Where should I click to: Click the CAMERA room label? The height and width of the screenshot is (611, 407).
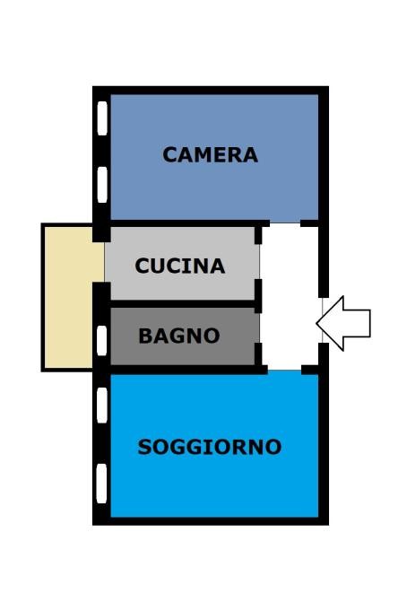pyautogui.click(x=210, y=154)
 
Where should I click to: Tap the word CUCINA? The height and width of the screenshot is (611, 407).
pyautogui.click(x=180, y=266)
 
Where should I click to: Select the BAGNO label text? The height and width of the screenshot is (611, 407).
pyautogui.click(x=179, y=336)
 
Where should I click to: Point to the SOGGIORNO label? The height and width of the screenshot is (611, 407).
pyautogui.click(x=210, y=447)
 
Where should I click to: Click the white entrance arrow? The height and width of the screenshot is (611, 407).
pyautogui.click(x=342, y=323)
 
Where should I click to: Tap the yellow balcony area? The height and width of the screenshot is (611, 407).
pyautogui.click(x=68, y=297)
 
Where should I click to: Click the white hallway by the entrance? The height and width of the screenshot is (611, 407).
pyautogui.click(x=290, y=297)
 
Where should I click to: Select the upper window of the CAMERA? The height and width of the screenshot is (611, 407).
pyautogui.click(x=102, y=118)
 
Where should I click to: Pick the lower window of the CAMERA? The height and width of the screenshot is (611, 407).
pyautogui.click(x=102, y=185)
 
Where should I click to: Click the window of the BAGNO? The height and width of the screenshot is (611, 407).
pyautogui.click(x=101, y=341)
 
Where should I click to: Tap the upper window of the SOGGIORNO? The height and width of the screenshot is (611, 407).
pyautogui.click(x=101, y=406)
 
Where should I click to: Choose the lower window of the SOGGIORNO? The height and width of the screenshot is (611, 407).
pyautogui.click(x=101, y=484)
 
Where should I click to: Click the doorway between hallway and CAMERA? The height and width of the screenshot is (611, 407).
pyautogui.click(x=285, y=223)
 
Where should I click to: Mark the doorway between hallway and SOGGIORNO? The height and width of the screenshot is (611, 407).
pyautogui.click(x=285, y=370)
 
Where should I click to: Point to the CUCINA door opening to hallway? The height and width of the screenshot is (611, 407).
pyautogui.click(x=258, y=261)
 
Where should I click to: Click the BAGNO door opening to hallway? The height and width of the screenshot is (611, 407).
pyautogui.click(x=258, y=328)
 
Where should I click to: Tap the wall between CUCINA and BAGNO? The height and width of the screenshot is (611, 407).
pyautogui.click(x=183, y=304)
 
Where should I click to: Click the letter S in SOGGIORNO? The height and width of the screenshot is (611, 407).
pyautogui.click(x=144, y=447)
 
